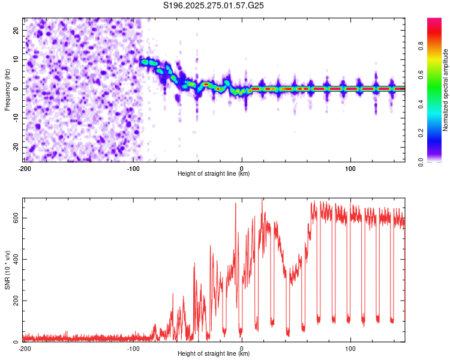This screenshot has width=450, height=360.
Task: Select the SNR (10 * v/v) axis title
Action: pyautogui.click(x=7, y=270)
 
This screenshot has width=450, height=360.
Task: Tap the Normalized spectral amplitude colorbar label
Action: pyautogui.click(x=446, y=90)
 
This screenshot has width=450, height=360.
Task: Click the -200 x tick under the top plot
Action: pyautogui.click(x=25, y=169)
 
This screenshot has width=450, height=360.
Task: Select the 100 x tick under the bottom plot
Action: pyautogui.click(x=350, y=349)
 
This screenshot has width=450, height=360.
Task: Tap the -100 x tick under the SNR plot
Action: pyautogui.click(x=133, y=349)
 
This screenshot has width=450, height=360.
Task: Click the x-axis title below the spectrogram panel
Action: pyautogui.click(x=214, y=174)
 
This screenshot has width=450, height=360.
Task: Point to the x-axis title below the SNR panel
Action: pyautogui.click(x=214, y=354)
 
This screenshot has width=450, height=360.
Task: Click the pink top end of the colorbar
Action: pyautogui.click(x=435, y=21)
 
